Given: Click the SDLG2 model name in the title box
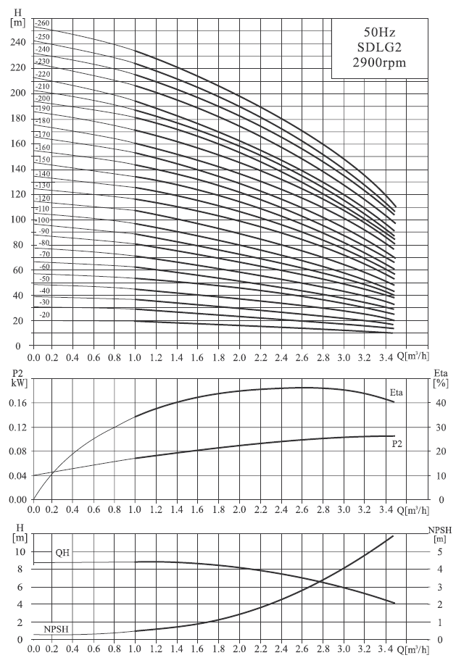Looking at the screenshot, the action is click(379, 47).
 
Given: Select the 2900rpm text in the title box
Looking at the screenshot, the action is click(379, 63).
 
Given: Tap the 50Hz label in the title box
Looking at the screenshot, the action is click(379, 32).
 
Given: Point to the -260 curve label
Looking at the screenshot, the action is click(43, 23).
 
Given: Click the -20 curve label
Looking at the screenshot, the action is click(44, 314).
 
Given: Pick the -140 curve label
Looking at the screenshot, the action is click(43, 174).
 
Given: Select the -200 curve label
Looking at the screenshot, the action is click(43, 98).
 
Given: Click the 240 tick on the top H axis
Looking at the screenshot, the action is click(18, 42).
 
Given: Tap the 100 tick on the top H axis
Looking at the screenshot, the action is click(18, 220).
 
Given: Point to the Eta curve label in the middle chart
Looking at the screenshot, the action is click(397, 393).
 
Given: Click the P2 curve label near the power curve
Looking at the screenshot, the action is click(397, 443).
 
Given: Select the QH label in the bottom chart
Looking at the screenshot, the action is click(62, 553).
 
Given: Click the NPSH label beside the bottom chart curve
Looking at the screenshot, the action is click(56, 629).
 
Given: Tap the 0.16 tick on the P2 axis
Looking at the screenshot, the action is click(18, 403).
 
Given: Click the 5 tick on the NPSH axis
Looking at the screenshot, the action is click(440, 552).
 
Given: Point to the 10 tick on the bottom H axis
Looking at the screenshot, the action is click(20, 552).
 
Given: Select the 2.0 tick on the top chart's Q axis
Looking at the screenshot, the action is click(239, 358).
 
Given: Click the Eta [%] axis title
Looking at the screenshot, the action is click(441, 378).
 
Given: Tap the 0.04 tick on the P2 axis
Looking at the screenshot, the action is click(18, 475).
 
